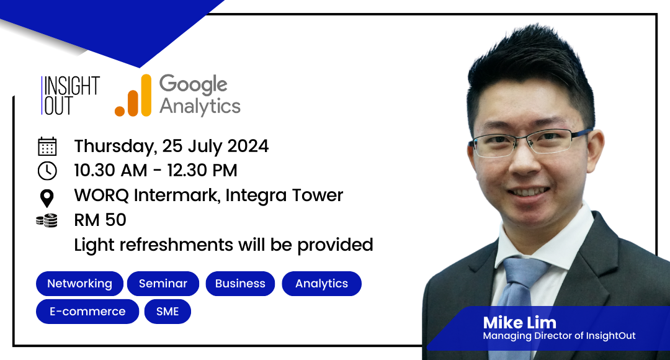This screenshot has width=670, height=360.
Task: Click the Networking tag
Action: (79, 284)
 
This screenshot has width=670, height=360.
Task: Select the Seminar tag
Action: (163, 284)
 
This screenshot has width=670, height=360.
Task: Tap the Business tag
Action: (240, 284)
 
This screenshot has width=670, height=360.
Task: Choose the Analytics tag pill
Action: (321, 284)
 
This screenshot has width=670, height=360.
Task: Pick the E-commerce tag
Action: (87, 311)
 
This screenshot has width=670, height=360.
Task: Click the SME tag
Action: (167, 311)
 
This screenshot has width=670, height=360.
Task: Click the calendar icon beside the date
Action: (47, 146)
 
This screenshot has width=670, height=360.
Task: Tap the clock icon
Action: (47, 171)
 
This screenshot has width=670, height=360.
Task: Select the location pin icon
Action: (47, 199)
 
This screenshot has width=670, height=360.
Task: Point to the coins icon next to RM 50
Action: (47, 220)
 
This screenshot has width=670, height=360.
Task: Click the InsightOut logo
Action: (71, 96)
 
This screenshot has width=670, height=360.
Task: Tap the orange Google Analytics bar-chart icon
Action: (133, 96)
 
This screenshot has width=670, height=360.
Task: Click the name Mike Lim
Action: (520, 322)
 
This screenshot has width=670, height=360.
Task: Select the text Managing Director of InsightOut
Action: (560, 336)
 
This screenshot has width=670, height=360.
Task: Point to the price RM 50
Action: (100, 220)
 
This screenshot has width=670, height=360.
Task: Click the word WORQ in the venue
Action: (102, 196)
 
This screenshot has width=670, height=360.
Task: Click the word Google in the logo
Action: (193, 84)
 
